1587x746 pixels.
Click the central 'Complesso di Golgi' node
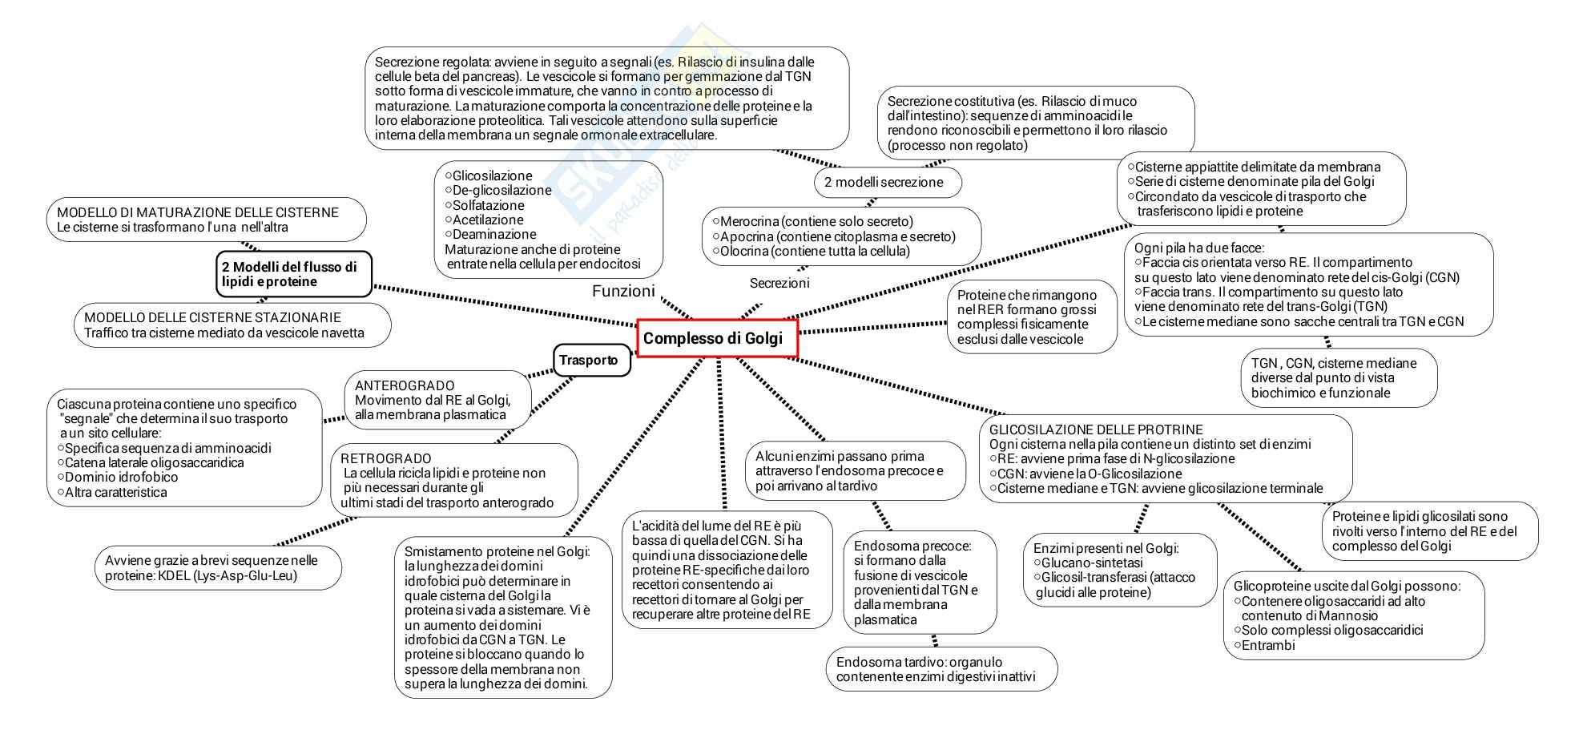[x=718, y=338]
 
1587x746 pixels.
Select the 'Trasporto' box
[x=591, y=361]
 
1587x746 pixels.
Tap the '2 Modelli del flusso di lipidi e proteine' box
[x=293, y=274]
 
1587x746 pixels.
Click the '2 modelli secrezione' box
[x=888, y=182]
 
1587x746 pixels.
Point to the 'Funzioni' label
[x=623, y=291]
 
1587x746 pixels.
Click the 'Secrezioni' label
[x=779, y=283]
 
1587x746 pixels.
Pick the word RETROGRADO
[x=386, y=458]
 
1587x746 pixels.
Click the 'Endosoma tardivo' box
[x=941, y=669]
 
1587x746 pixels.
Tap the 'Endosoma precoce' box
[x=920, y=583]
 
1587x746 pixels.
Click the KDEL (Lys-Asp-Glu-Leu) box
[x=218, y=568]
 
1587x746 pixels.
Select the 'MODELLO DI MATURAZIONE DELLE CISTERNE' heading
[x=197, y=212]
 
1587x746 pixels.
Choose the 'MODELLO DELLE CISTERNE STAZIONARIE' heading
[x=212, y=317]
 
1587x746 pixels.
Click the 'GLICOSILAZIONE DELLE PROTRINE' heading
[x=1096, y=429]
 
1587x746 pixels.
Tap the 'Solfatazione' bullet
[x=488, y=205]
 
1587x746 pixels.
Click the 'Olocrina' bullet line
[x=815, y=251]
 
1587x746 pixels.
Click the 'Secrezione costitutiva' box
[x=1035, y=123]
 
